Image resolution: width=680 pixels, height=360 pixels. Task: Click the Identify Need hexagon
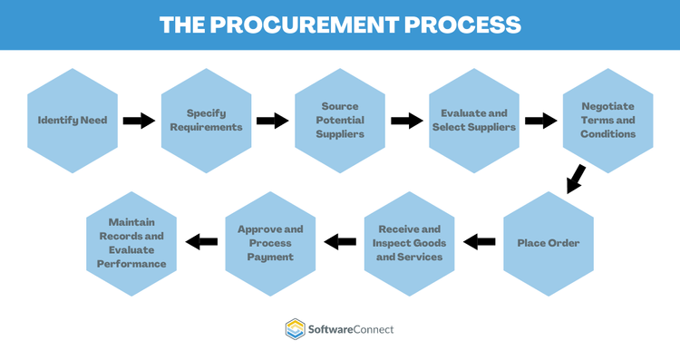pos(73,120)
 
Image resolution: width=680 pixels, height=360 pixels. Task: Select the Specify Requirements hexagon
pos(207,120)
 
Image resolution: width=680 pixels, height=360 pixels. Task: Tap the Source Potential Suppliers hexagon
pos(341,120)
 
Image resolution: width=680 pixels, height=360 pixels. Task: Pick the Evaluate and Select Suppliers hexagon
pos(474,120)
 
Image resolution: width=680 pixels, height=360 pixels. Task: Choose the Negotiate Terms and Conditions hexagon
pos(608,120)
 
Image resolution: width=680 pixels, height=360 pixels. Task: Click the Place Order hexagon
pos(549,242)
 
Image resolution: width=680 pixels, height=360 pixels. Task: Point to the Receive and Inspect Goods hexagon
pos(410,242)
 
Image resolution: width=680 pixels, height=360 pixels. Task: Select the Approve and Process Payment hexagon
pos(270,242)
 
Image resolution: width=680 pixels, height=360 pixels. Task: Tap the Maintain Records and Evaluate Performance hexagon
pos(131,242)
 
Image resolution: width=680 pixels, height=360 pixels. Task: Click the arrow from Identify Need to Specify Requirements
pos(140,120)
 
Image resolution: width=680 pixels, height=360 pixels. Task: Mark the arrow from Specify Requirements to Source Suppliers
pos(273,120)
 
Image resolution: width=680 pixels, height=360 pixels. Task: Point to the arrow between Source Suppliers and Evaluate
pos(407,120)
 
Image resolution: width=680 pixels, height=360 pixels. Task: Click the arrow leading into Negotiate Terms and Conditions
pos(541,120)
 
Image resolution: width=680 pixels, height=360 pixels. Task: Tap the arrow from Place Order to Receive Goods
pos(479,242)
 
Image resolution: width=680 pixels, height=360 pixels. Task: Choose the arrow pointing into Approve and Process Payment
pos(340,242)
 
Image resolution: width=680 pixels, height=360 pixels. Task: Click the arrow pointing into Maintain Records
pos(201,242)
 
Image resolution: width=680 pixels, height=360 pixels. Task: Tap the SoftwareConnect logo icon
pos(295,328)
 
